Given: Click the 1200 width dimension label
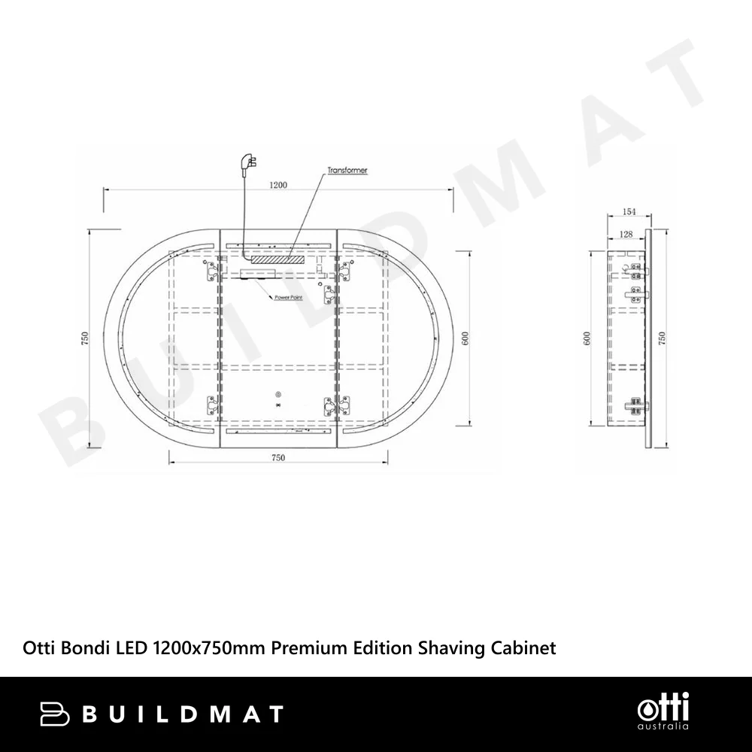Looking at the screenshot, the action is tap(278, 185).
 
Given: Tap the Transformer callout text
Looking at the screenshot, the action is tap(347, 170).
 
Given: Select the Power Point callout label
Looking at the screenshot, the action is tap(289, 298).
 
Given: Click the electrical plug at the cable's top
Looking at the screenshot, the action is tap(251, 161).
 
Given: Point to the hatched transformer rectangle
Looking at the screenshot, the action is tap(278, 259).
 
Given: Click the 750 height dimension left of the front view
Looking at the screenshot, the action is tap(86, 338).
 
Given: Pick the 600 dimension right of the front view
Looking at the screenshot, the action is tap(464, 338).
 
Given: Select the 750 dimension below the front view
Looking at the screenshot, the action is tap(278, 457).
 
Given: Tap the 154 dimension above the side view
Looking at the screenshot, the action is tap(629, 211).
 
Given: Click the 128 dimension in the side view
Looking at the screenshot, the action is tap(626, 234).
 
